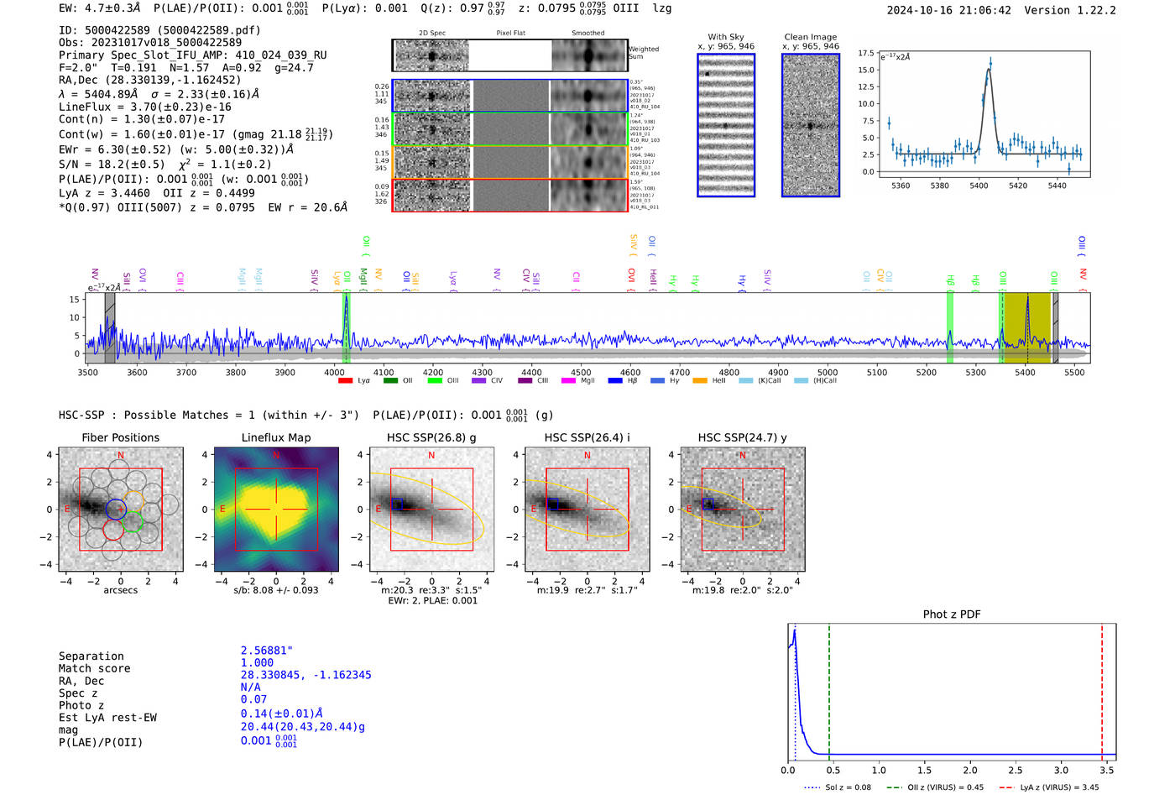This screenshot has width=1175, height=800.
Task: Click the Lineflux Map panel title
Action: pos(275,437)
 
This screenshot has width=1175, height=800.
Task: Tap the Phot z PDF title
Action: pos(952,614)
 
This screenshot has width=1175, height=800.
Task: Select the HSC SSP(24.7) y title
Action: pos(742,437)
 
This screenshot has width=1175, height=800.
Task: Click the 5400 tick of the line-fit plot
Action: pos(979,186)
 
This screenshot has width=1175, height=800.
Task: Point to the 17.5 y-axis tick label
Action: pos(866,53)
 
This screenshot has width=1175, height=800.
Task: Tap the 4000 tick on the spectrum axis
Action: pos(334,372)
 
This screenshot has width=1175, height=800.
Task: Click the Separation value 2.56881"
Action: pos(266,651)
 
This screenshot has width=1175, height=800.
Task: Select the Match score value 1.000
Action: pos(257,662)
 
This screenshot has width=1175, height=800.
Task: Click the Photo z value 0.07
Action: pos(253,699)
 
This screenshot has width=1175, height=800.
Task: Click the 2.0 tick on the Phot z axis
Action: pos(970,770)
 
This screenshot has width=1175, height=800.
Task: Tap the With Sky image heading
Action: pos(726,37)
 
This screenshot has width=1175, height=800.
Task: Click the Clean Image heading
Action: pos(810,37)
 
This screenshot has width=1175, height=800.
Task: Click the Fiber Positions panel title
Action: pos(120,437)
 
